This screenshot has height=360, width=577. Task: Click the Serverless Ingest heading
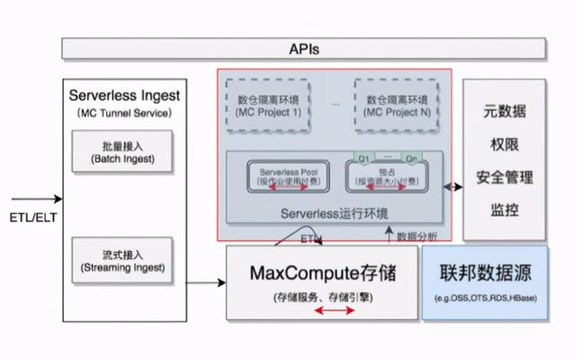pos(124,95)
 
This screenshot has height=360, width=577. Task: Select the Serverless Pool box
pos(284,175)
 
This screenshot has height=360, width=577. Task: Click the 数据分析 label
pos(417,236)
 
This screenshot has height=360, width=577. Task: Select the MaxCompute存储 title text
pos(322,272)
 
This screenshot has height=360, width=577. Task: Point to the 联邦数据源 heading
pos(484,272)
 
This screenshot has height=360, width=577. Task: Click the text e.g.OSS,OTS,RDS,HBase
pos(485,297)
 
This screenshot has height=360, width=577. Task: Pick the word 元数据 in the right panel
pos(504,113)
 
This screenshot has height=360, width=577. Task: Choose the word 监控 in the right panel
pos(504,208)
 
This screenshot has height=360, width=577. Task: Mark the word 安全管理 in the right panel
pos(504,177)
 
